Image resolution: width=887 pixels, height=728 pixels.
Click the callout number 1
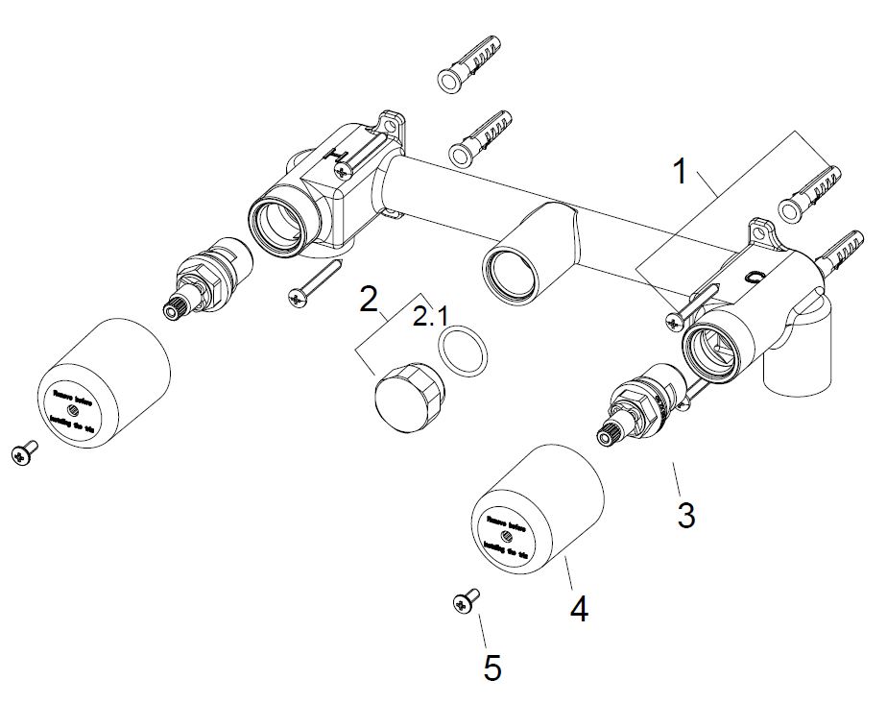click(x=680, y=173)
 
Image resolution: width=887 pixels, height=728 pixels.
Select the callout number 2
click(x=369, y=299)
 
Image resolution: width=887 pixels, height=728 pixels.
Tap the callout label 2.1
click(x=429, y=316)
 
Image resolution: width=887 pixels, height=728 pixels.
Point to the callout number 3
click(x=685, y=515)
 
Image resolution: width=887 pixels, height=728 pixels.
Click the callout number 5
click(x=492, y=667)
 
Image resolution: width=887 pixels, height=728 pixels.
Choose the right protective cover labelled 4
click(x=537, y=510)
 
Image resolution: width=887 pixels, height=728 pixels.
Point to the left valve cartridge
click(x=205, y=278)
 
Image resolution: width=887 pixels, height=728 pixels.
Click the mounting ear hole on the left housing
click(x=393, y=123)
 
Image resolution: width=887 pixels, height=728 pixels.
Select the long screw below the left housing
click(x=313, y=284)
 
